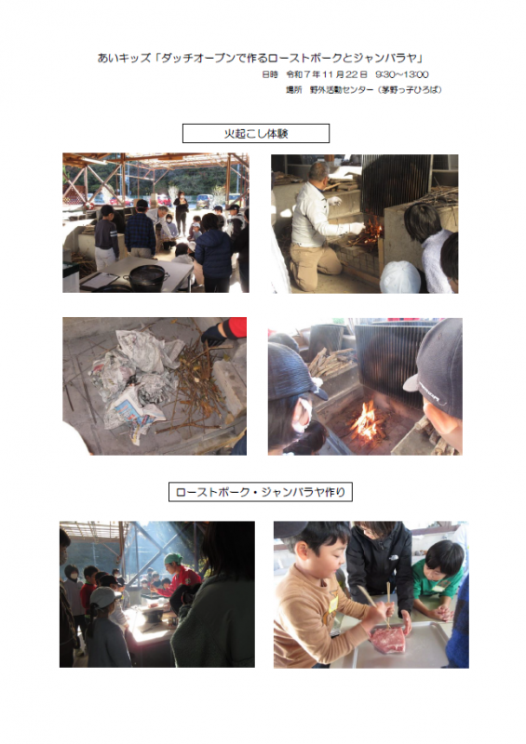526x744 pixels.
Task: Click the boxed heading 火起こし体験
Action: pos(256,133)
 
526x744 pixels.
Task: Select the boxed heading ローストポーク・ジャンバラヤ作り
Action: pos(261,492)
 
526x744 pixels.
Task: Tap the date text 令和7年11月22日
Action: pos(327,74)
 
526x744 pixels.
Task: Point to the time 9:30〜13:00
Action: pos(402,74)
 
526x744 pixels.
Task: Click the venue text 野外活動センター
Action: pos(342,89)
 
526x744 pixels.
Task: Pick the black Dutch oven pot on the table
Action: pos(147,277)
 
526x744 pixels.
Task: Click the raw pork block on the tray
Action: pos(388,639)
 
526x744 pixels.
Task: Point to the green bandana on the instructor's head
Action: pos(173,559)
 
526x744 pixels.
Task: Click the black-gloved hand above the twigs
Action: pos(214,334)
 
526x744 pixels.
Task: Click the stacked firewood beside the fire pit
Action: pos(330,362)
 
